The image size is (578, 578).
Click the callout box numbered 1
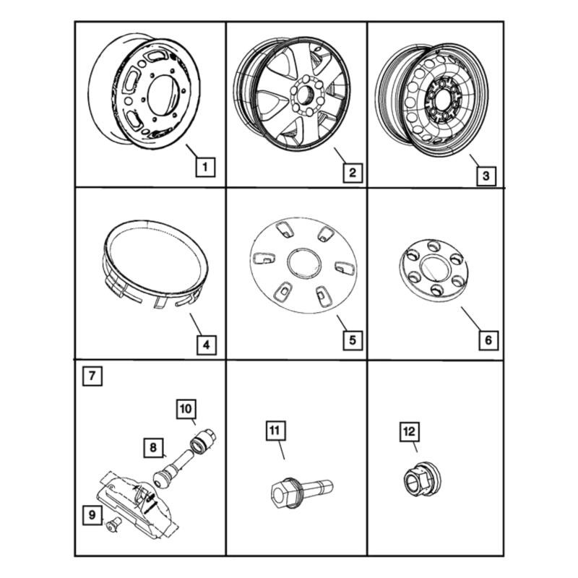205,167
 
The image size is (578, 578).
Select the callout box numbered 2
353,173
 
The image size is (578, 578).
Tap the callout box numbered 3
486,176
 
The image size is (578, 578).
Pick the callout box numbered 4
206,345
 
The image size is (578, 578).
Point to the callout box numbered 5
353,340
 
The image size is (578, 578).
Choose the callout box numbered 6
488,340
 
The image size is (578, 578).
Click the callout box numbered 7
92,376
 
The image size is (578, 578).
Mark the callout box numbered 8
153,447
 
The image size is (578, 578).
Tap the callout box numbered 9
92,514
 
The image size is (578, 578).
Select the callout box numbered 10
186,409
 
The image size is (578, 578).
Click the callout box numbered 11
275,431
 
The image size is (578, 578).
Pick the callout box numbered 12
410,431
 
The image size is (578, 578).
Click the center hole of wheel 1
163,95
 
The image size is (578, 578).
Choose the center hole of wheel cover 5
304,264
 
